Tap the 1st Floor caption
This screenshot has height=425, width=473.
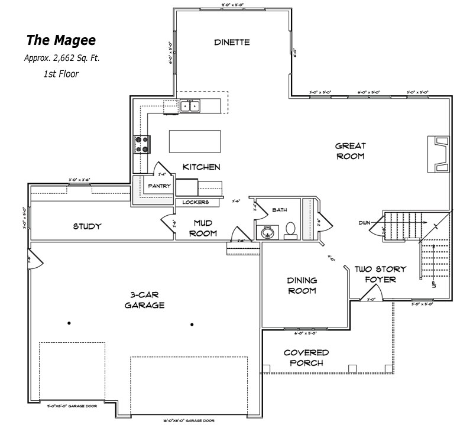tap(61, 74)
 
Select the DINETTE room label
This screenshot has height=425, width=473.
tap(231, 42)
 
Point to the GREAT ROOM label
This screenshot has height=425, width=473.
tap(350, 151)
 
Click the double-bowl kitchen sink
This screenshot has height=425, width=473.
tap(190, 106)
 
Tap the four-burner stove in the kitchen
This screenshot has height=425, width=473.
tap(142, 143)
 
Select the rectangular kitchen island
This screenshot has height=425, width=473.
tap(195, 141)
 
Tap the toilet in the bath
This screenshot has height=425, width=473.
tap(290, 230)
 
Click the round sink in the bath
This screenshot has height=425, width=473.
tap(267, 232)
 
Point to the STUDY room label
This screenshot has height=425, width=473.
tap(87, 226)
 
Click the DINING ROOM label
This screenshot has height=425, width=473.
tap(302, 286)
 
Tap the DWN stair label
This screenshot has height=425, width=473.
tap(364, 223)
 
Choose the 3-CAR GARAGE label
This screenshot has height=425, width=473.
tap(144, 300)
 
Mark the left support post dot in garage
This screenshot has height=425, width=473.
tap(69, 323)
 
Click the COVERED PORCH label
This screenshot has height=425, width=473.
tap(306, 358)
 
